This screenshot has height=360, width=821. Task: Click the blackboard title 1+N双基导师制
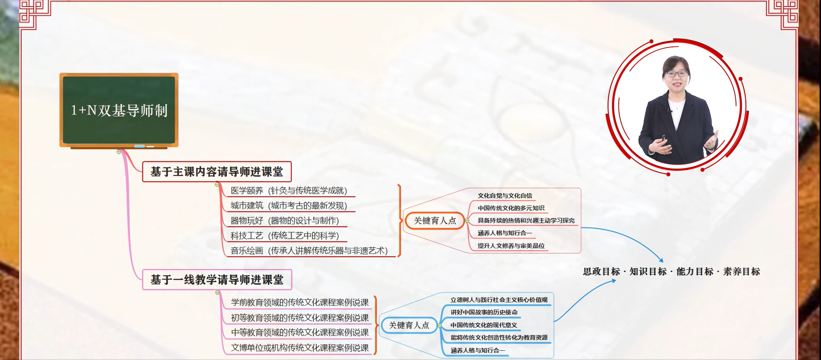(119, 111)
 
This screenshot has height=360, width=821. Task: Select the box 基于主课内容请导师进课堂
(217, 172)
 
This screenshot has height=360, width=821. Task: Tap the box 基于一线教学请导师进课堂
(217, 280)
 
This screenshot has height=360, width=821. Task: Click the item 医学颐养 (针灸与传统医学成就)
(289, 191)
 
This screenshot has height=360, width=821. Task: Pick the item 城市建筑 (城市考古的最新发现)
(289, 206)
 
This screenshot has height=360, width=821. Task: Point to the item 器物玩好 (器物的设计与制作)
(285, 221)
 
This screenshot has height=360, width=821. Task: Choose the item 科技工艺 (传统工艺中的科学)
(285, 236)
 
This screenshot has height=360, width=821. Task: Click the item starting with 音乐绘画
(309, 251)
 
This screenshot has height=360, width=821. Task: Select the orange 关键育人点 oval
(435, 221)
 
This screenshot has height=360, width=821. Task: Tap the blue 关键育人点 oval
(409, 326)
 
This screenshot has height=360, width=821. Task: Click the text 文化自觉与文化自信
(505, 196)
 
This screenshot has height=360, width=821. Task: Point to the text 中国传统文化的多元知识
(511, 208)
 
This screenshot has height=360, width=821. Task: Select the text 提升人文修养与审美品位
(511, 246)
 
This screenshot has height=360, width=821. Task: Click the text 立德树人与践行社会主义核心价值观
(499, 300)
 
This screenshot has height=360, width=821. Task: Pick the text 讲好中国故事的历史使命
(484, 312)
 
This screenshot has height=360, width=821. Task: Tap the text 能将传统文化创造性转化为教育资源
(499, 337)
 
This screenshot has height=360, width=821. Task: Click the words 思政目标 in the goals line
(601, 272)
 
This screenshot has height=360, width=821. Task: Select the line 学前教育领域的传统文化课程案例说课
(300, 303)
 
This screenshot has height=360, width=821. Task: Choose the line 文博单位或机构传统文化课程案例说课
(300, 348)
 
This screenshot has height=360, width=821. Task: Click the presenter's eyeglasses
(676, 73)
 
